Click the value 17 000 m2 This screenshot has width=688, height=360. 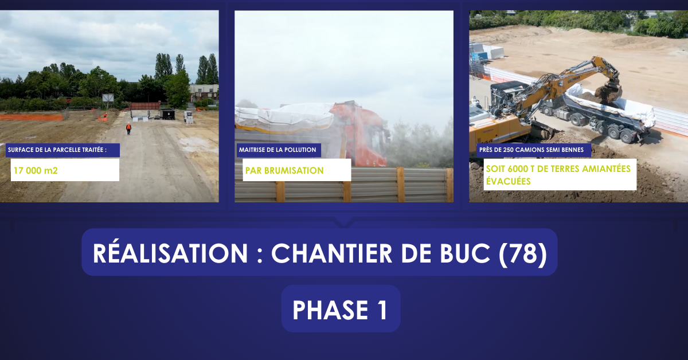pyautogui.click(x=36, y=170)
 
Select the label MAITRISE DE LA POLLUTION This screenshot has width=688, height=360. pyautogui.click(x=277, y=150)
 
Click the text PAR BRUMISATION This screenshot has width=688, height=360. pyautogui.click(x=284, y=170)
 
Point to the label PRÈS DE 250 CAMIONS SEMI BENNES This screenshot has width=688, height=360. pyautogui.click(x=531, y=150)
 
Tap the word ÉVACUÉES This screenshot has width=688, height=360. pyautogui.click(x=509, y=181)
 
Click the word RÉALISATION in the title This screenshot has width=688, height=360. pyautogui.click(x=170, y=253)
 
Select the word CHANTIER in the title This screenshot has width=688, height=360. pyautogui.click(x=331, y=254)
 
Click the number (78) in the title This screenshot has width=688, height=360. pyautogui.click(x=523, y=254)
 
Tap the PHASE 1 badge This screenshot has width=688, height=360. pyautogui.click(x=341, y=309)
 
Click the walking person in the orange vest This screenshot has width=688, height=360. pyautogui.click(x=128, y=128)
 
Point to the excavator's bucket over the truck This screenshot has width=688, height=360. pyautogui.click(x=608, y=90)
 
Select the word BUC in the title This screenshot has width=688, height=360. pyautogui.click(x=465, y=254)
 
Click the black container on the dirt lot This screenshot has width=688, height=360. pyautogui.click(x=167, y=114)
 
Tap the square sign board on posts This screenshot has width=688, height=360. pyautogui.click(x=108, y=98)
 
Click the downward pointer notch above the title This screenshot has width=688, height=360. pyautogui.click(x=343, y=222)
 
